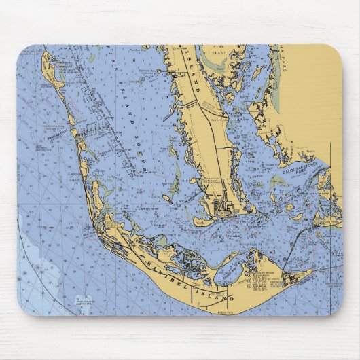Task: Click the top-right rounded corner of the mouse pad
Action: click(x=336, y=52)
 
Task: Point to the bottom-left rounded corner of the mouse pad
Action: click(x=24, y=308)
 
